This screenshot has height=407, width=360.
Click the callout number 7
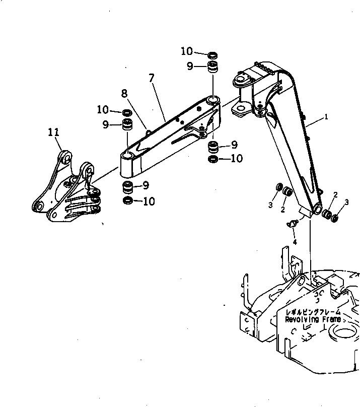point(151,78)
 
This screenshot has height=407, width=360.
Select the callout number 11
point(54,132)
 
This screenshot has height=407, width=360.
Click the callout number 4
point(295,242)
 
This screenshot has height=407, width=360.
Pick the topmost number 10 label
point(187,51)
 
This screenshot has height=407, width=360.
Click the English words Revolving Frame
point(313,319)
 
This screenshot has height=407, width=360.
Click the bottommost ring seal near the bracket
point(128,201)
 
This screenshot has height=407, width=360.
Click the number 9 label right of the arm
point(234,145)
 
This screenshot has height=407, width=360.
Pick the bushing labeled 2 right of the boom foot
point(327,215)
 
